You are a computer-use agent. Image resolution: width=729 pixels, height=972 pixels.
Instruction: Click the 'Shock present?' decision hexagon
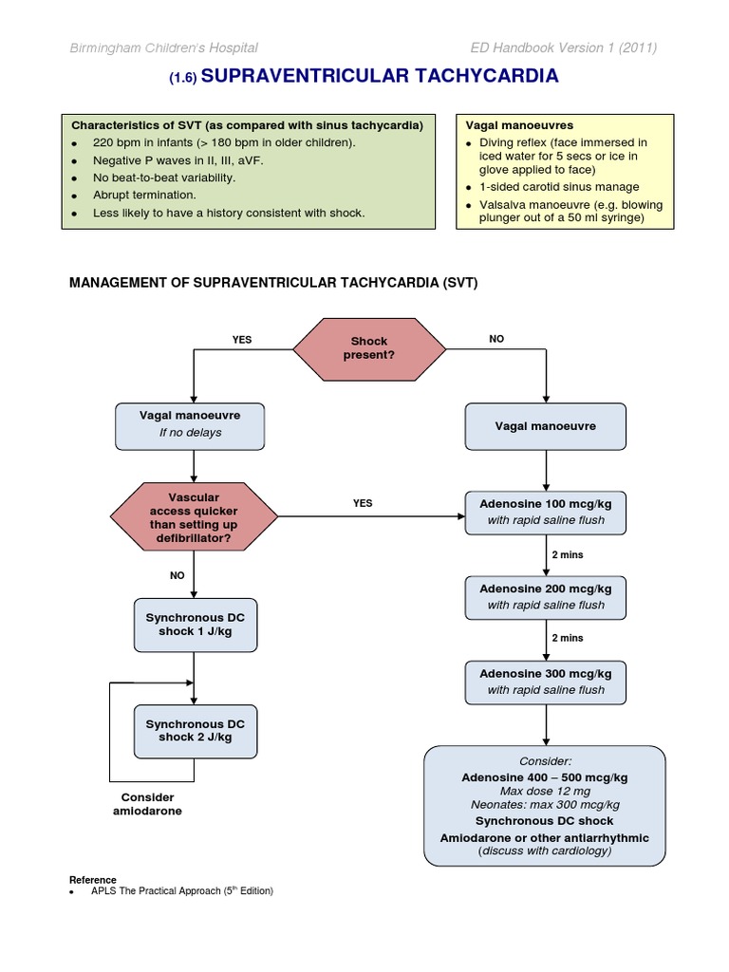(368, 348)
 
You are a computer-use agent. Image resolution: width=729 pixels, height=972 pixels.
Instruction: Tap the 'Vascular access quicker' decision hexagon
(194, 518)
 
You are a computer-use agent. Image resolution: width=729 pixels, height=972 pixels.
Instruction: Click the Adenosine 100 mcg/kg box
(545, 512)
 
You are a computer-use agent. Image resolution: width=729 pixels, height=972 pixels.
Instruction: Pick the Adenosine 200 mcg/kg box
(545, 596)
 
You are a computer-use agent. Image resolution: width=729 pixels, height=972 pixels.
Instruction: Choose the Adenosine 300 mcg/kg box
(545, 681)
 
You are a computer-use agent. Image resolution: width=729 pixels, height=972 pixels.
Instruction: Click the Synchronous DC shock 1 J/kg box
(195, 626)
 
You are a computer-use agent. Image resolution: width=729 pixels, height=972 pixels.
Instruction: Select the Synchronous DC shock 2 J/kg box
(195, 731)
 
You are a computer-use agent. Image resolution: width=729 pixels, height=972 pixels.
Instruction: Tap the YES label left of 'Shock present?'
(242, 339)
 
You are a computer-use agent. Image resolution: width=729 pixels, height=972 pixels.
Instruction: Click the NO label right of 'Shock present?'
(496, 339)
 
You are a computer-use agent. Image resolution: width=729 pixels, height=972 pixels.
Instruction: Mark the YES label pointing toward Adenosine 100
(363, 503)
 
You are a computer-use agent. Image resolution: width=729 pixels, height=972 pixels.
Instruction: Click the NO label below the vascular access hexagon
(177, 574)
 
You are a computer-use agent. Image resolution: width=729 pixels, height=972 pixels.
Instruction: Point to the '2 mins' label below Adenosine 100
(568, 554)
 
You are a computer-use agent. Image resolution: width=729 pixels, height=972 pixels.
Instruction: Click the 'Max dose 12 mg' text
(545, 791)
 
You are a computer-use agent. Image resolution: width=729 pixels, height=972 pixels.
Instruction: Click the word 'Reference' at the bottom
(93, 880)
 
